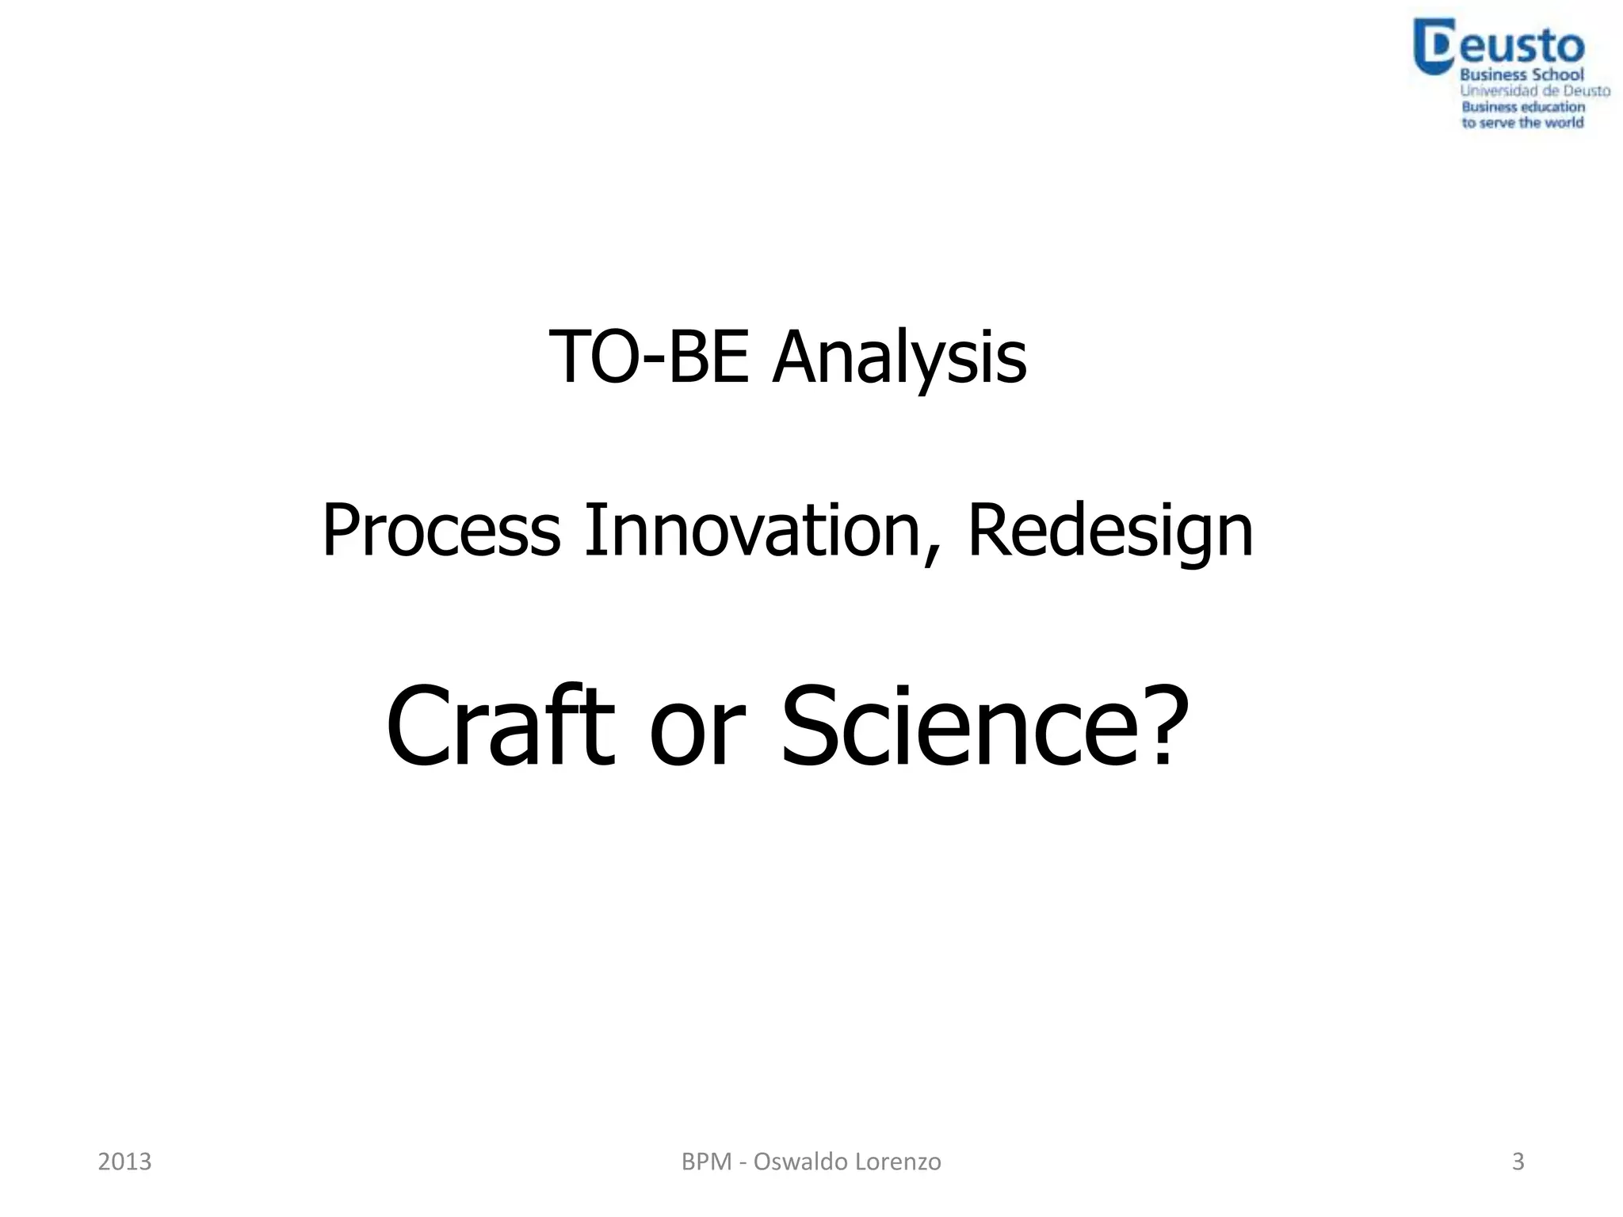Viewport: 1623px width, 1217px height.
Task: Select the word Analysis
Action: tap(899, 357)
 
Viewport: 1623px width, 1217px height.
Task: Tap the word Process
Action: tap(441, 530)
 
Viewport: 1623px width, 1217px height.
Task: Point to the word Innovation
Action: tap(751, 530)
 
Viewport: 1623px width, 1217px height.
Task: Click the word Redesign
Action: tap(1110, 530)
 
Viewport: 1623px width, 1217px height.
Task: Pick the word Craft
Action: tap(500, 726)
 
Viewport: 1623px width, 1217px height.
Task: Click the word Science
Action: tap(963, 726)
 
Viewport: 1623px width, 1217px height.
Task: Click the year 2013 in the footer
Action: tap(124, 1162)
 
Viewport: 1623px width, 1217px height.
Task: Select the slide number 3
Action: tap(1518, 1162)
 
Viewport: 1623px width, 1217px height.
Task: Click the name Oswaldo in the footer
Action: tap(804, 1162)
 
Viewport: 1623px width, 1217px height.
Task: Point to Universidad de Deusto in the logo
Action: tap(1535, 91)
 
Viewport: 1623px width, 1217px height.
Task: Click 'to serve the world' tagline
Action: tap(1522, 123)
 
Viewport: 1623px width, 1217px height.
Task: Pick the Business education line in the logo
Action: tap(1523, 107)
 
